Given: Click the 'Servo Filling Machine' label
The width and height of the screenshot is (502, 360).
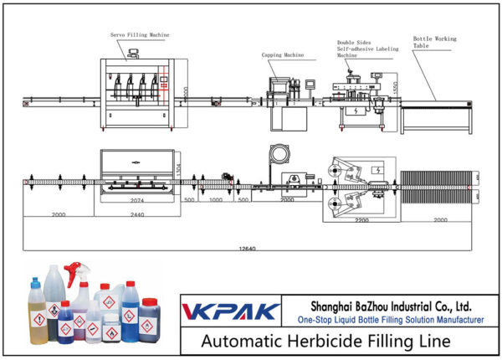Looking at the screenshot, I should point(139,35).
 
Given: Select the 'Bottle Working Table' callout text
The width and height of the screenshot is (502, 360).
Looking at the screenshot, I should point(433,43).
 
